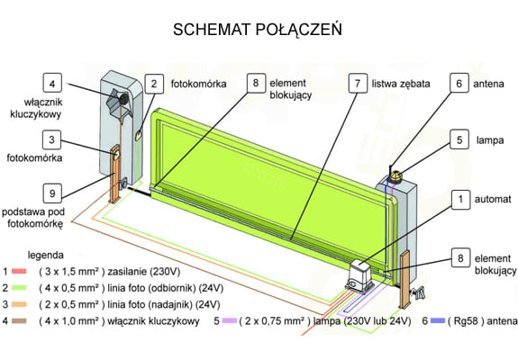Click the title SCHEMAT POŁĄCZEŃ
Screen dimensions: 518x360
(x=258, y=30)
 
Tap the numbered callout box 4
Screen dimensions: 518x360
(x=52, y=83)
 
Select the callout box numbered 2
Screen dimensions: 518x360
(x=154, y=84)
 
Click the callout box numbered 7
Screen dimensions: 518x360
(x=358, y=83)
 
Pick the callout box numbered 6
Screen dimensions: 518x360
(x=459, y=83)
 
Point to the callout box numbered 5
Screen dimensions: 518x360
(x=459, y=139)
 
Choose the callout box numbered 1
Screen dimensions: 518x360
(x=460, y=199)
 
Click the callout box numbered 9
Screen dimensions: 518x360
(x=52, y=193)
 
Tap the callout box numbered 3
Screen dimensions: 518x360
(x=52, y=139)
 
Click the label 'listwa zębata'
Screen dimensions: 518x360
(x=401, y=84)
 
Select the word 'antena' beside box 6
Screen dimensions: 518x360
(x=488, y=84)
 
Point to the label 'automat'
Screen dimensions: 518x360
(x=493, y=199)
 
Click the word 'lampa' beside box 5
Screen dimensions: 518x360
(x=490, y=140)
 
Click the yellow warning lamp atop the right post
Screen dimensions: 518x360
(x=395, y=175)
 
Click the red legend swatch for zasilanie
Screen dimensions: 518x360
(x=19, y=272)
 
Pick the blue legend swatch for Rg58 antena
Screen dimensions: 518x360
(x=438, y=320)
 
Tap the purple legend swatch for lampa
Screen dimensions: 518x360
(x=230, y=320)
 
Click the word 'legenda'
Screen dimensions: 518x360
(x=46, y=255)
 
